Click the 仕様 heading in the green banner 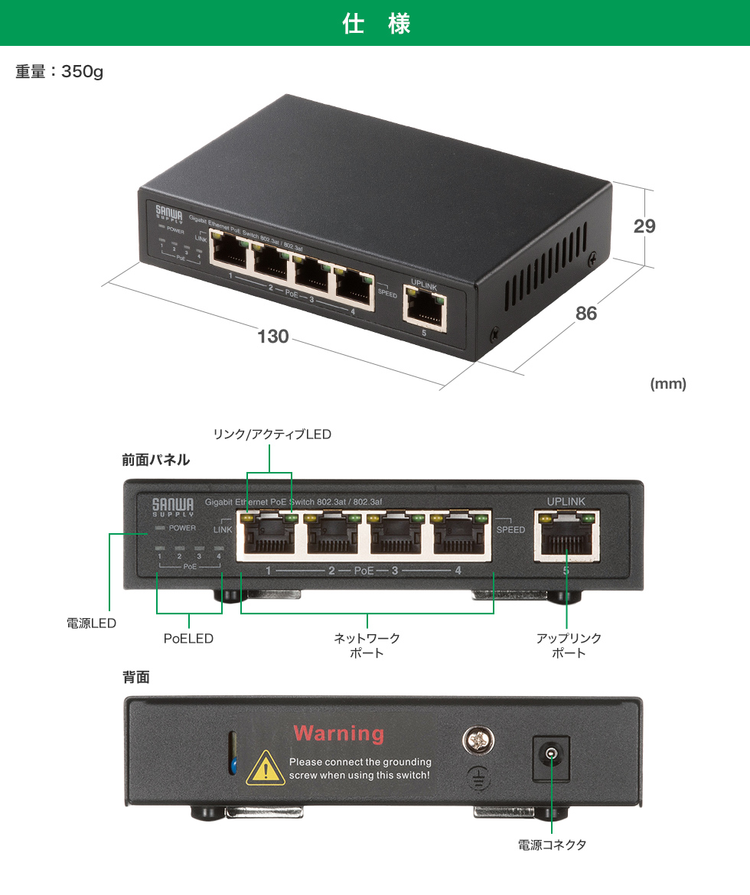click(375, 24)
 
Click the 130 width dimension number click(272, 336)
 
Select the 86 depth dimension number click(586, 313)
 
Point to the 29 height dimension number click(644, 226)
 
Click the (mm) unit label click(667, 384)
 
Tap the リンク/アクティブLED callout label click(272, 434)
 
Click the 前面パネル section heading click(156, 460)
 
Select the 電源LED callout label click(91, 623)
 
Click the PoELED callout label click(188, 638)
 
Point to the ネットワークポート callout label click(367, 645)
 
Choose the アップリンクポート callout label click(569, 645)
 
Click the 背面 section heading click(136, 677)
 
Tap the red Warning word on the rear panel click(338, 734)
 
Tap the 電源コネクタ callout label click(552, 845)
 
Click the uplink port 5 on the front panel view click(566, 536)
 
